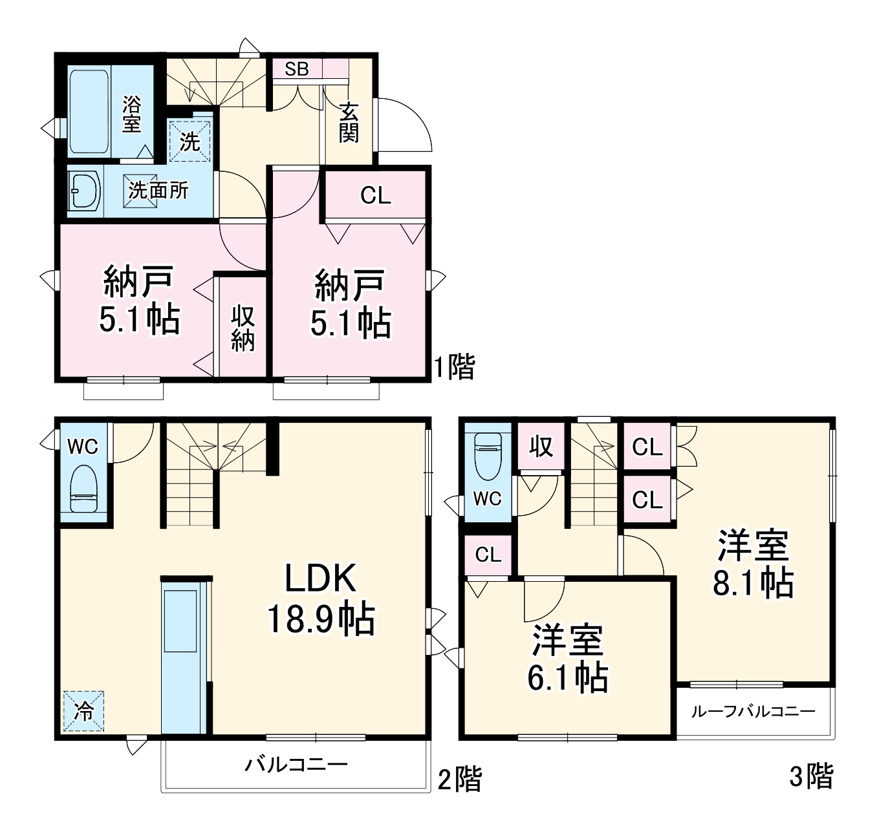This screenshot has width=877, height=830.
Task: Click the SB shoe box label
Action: coord(297,69)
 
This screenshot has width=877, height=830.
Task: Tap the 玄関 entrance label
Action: coord(349,123)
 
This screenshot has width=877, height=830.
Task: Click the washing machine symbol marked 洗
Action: coord(190,142)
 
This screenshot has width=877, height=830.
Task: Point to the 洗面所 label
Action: coord(159,190)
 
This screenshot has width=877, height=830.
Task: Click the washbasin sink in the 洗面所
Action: coord(85,191)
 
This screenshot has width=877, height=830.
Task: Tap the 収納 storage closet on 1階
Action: coord(243,328)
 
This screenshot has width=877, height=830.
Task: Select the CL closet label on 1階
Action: coord(376,195)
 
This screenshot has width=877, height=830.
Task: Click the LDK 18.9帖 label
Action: coord(321,599)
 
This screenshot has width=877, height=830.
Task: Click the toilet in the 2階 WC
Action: coord(83,489)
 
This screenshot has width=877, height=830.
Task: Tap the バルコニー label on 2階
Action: coord(296,765)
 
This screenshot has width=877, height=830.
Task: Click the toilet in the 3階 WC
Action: coord(488,456)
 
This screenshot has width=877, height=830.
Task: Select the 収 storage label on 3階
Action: coord(542,446)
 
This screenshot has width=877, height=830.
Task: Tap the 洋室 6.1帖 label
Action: coord(567,658)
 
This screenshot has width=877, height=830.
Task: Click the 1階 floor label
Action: coord(454,368)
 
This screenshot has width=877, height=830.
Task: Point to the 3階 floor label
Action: coord(812,776)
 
